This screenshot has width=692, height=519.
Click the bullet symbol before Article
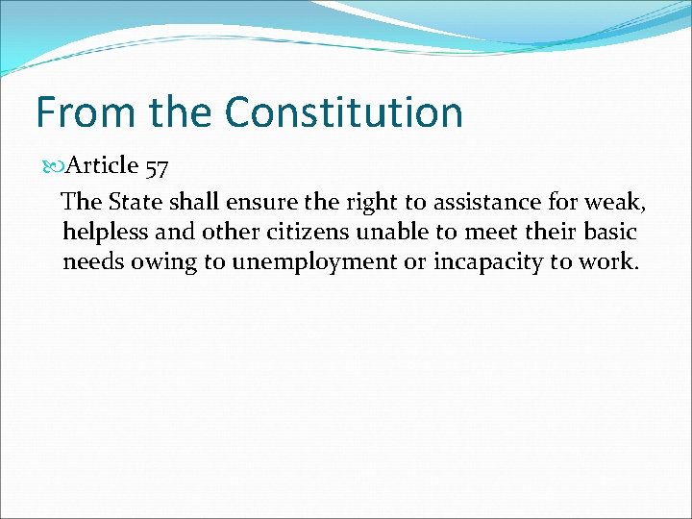53,166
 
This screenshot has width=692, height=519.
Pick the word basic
610,232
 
